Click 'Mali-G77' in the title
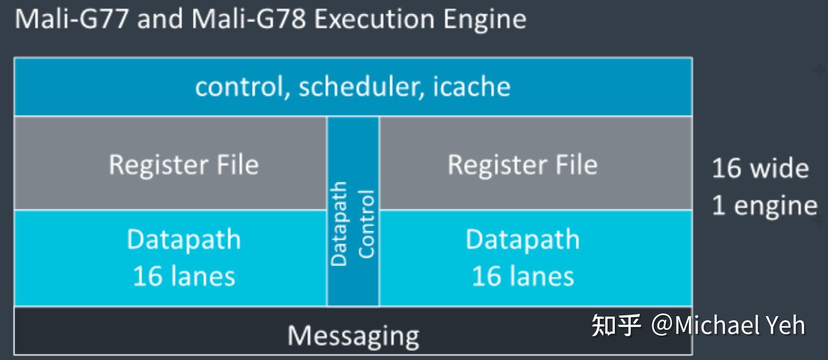[72, 20]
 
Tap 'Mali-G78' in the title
[249, 20]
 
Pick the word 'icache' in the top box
[472, 86]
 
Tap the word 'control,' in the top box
[242, 86]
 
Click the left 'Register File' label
[184, 164]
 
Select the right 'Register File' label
[523, 164]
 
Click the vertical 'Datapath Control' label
[352, 224]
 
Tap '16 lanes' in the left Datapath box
[184, 276]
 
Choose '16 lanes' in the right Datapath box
[523, 276]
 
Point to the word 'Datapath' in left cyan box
[184, 239]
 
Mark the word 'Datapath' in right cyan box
[523, 239]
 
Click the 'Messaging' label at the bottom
[353, 336]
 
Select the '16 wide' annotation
[760, 168]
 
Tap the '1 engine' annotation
[764, 206]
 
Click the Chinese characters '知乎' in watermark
[616, 325]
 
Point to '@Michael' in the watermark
[705, 325]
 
